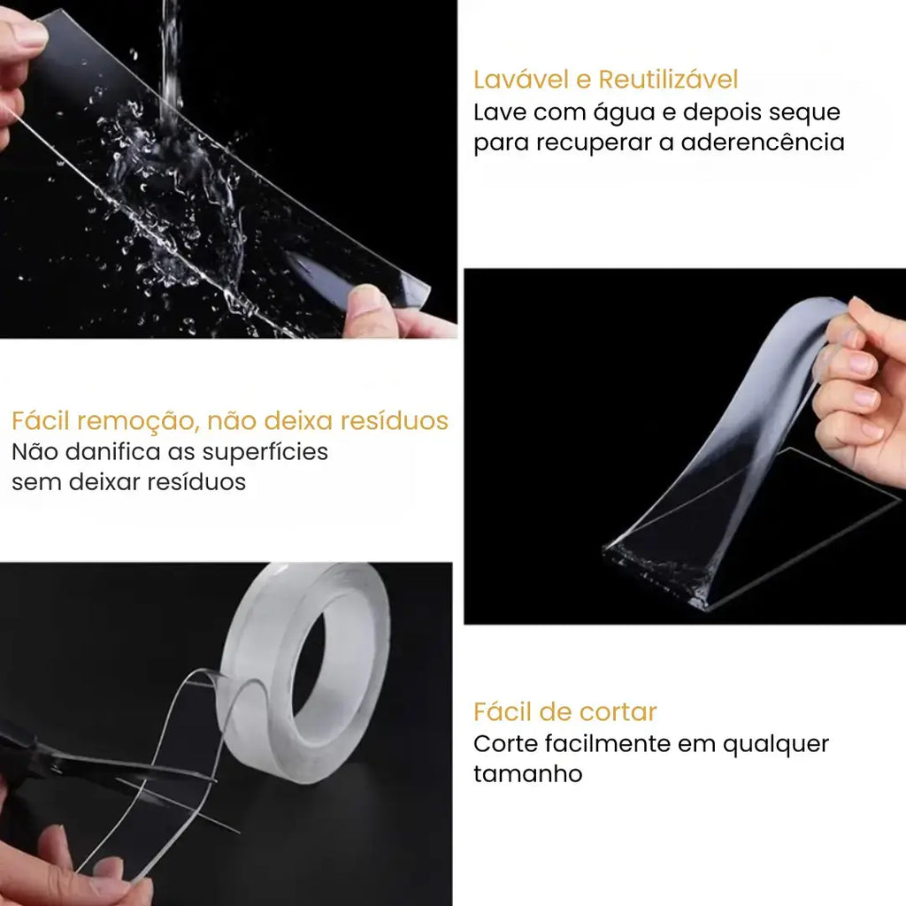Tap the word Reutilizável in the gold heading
[668, 80]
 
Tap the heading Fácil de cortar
[564, 711]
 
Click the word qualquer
[776, 744]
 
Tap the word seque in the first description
[806, 113]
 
